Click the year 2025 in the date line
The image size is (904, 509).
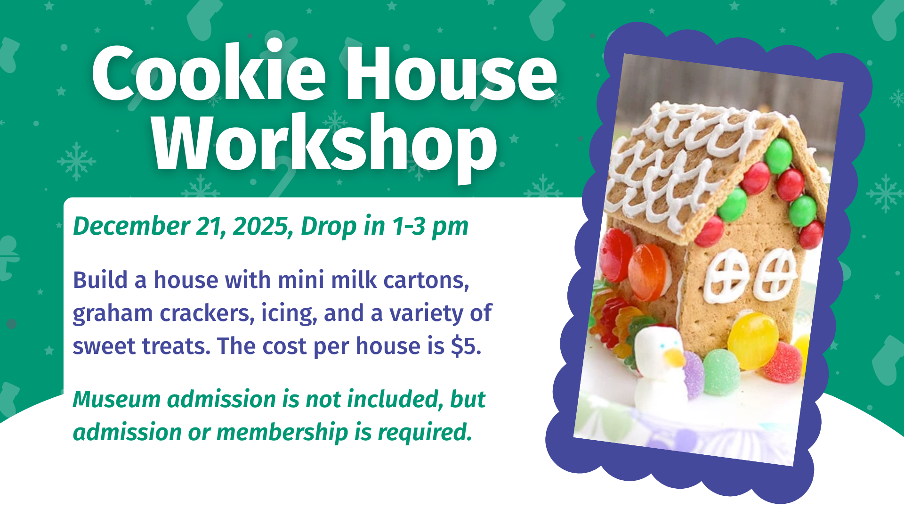tap(260, 226)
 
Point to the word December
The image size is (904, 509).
tap(131, 226)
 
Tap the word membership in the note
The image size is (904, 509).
tap(282, 432)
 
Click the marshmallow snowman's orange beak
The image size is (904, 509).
tap(675, 357)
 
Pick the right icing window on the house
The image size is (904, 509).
tap(775, 275)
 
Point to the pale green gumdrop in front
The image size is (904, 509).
tap(721, 372)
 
